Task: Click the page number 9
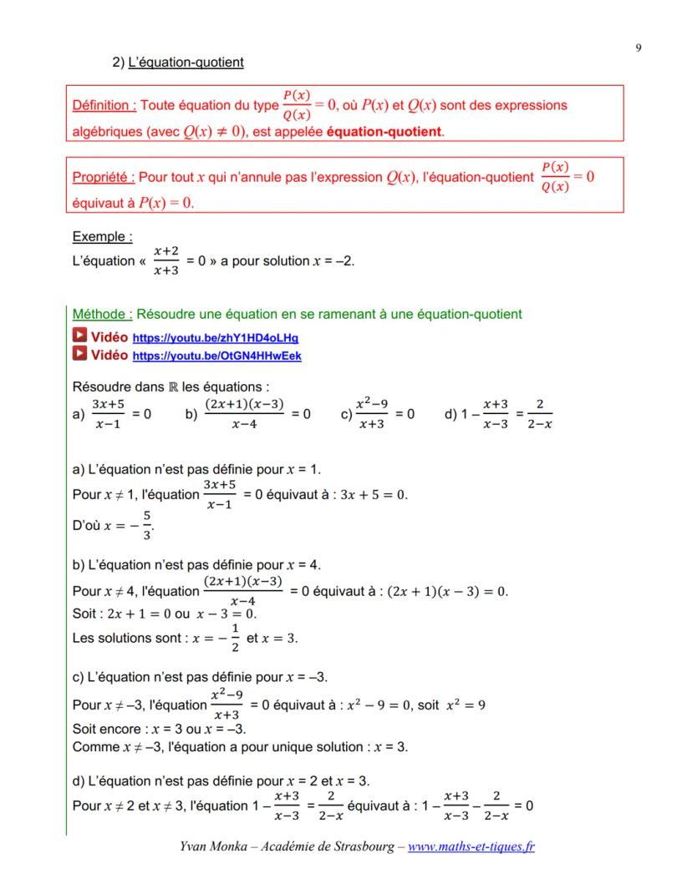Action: [x=639, y=48]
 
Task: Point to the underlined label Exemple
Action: [x=103, y=237]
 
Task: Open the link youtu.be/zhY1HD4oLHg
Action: [x=216, y=339]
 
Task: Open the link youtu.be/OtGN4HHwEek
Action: [x=217, y=356]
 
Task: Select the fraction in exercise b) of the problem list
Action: [x=243, y=414]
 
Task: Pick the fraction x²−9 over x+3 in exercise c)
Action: [x=371, y=414]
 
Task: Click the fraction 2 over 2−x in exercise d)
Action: [x=540, y=414]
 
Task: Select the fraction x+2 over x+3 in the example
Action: [x=165, y=261]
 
